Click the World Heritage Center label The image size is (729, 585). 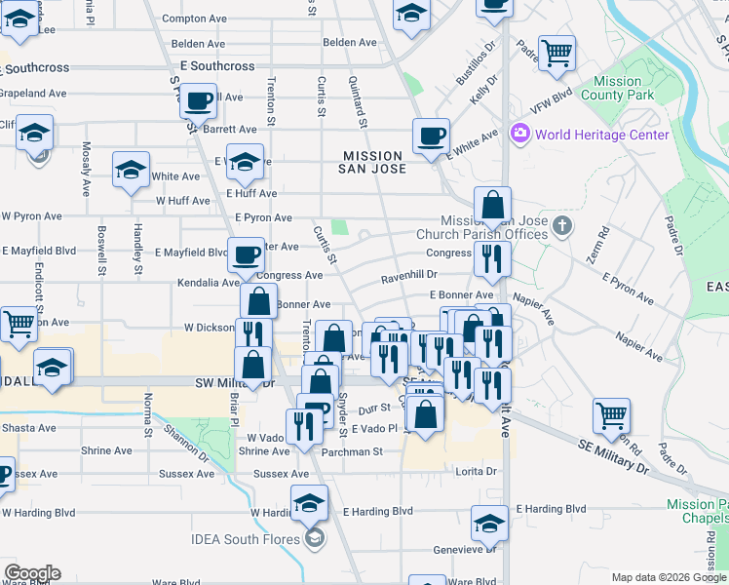point(601,135)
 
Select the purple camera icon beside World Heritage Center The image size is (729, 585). point(519,134)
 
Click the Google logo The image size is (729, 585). point(32,573)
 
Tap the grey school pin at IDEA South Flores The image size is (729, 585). point(314,538)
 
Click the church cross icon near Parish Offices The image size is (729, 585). point(561,227)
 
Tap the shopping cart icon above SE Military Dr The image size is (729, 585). point(611,414)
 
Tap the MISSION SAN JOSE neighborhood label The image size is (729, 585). point(372,162)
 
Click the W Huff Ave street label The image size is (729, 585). point(183,201)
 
